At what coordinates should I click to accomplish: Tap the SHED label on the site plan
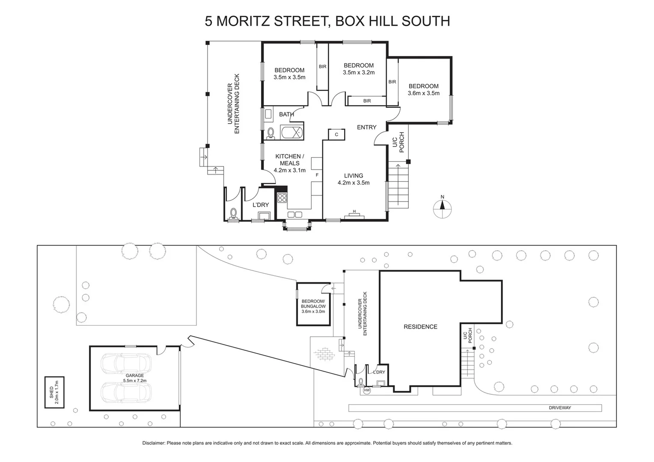(54, 392)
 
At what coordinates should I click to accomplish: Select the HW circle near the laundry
(366, 390)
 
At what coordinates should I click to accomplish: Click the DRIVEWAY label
(560, 408)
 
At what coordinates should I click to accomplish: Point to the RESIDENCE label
(420, 327)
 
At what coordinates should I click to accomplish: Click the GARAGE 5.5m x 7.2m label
(134, 378)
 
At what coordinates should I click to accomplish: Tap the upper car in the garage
(126, 364)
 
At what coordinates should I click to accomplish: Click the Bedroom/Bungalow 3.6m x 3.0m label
(313, 306)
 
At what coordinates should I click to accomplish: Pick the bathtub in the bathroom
(292, 133)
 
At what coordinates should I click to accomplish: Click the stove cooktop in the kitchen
(282, 198)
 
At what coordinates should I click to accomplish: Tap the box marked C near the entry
(336, 134)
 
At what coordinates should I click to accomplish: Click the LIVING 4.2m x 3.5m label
(354, 179)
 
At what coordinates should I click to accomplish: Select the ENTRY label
(366, 127)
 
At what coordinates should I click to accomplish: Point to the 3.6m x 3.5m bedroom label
(423, 89)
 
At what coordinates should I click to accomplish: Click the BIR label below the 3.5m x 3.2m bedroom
(367, 101)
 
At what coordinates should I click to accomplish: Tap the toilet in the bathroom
(271, 133)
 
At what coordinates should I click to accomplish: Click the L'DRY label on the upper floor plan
(260, 205)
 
